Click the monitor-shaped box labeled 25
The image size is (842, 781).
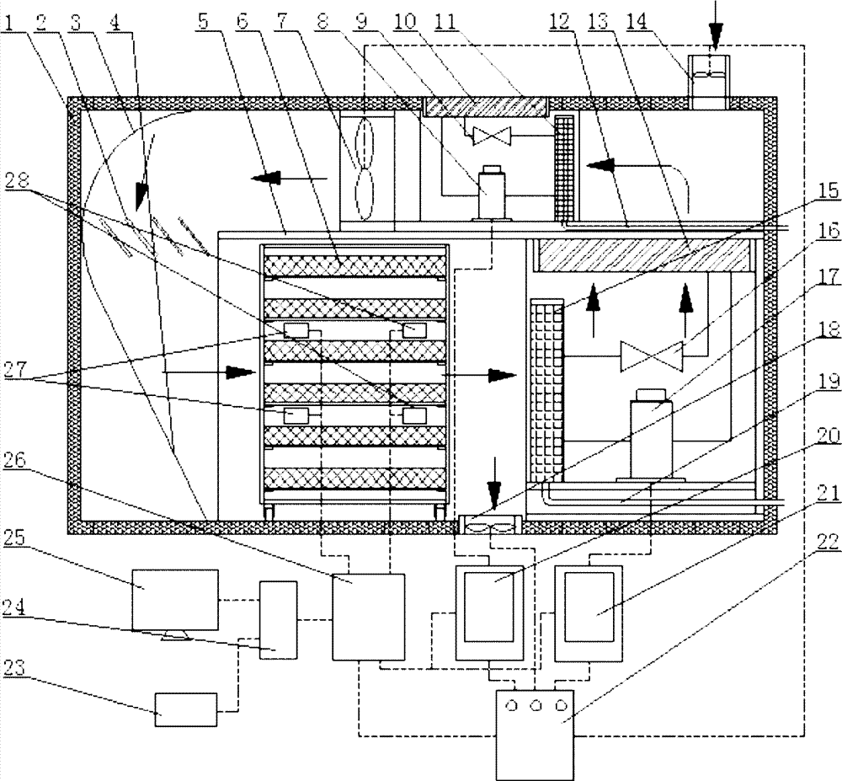pos(175,599)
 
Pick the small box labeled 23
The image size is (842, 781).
pos(185,709)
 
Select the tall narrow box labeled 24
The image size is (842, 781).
pos(279,618)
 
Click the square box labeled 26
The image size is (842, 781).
pos(368,617)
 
